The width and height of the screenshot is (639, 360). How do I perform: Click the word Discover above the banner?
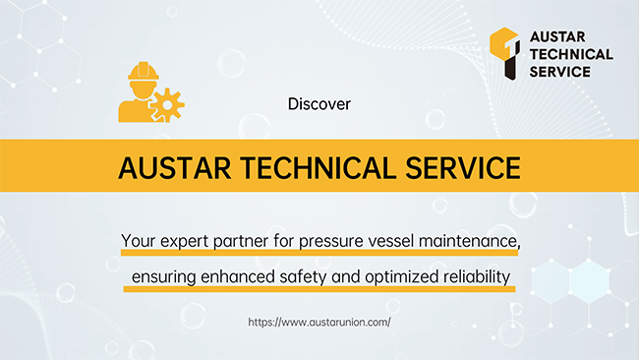[x=319, y=104]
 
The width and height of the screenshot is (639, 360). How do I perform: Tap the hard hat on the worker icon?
[x=144, y=71]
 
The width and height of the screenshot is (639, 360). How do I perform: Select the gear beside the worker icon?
[x=167, y=105]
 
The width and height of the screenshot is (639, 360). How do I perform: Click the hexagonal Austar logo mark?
[x=505, y=53]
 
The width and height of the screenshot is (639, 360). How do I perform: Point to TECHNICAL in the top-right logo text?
[x=571, y=54]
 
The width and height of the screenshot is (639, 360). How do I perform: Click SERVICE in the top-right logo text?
[x=560, y=72]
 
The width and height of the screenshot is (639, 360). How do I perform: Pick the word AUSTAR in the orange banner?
[x=174, y=168]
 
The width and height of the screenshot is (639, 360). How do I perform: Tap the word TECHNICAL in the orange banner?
[x=318, y=168]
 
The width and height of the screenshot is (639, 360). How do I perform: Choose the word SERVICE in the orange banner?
[x=463, y=168]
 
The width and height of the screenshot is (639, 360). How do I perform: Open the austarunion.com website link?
[x=319, y=322]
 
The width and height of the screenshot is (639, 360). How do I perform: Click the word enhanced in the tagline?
[x=238, y=276]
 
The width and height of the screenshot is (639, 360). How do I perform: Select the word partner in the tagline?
[x=241, y=241]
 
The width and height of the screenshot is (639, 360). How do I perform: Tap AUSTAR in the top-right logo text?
[x=557, y=36]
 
